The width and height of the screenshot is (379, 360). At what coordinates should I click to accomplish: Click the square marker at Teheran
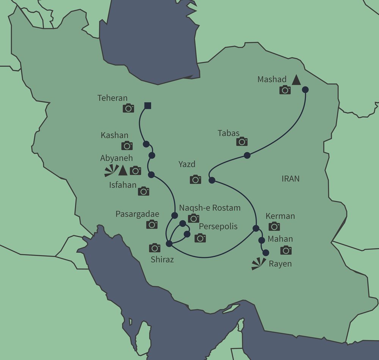pyautogui.click(x=148, y=106)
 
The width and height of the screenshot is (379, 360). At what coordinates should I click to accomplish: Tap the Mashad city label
pyautogui.click(x=272, y=80)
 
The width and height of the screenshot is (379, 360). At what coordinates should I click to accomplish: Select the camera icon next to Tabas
pyautogui.click(x=242, y=142)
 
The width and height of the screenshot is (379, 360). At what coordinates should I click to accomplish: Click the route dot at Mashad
pyautogui.click(x=305, y=90)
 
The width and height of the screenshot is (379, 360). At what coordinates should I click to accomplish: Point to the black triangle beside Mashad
pyautogui.click(x=296, y=80)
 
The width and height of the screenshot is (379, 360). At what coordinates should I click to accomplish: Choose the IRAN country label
pyautogui.click(x=291, y=179)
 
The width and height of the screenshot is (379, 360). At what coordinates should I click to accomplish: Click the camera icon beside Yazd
pyautogui.click(x=195, y=179)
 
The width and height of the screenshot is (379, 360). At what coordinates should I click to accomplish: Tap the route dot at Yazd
pyautogui.click(x=212, y=180)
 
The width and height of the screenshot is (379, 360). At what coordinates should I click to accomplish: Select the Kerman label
pyautogui.click(x=280, y=216)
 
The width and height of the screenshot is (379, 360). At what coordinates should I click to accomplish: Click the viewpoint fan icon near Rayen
pyautogui.click(x=258, y=263)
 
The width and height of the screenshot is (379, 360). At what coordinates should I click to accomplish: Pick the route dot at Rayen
pyautogui.click(x=266, y=252)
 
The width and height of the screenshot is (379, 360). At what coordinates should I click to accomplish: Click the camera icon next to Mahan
pyautogui.click(x=286, y=250)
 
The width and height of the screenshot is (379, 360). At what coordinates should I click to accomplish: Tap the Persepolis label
pyautogui.click(x=218, y=227)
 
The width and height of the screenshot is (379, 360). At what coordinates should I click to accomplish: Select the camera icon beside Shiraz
pyautogui.click(x=155, y=248)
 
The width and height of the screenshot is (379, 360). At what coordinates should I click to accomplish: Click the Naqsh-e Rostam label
pyautogui.click(x=210, y=208)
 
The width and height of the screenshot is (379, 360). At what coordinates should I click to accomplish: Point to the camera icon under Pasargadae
pyautogui.click(x=152, y=224)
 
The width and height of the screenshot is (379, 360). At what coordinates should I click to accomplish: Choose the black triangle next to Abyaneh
pyautogui.click(x=122, y=171)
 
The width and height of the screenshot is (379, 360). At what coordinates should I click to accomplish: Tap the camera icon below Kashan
pyautogui.click(x=127, y=146)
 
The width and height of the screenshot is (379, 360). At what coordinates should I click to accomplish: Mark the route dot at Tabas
pyautogui.click(x=247, y=155)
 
